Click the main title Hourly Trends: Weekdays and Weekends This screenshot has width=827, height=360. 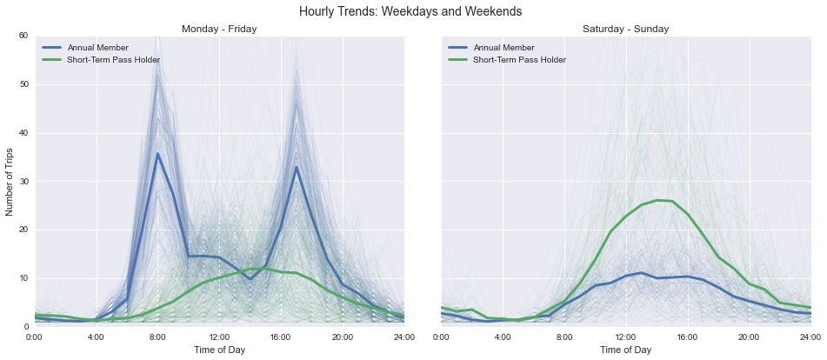410,11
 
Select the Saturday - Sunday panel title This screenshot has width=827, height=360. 625,29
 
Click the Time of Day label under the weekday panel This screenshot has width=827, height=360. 219,350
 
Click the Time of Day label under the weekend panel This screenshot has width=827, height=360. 625,350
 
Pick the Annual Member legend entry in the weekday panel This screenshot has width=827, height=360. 96,47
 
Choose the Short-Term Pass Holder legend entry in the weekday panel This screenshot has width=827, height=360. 113,60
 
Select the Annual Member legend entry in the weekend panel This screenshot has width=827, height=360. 502,47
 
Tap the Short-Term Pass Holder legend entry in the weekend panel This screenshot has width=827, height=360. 519,60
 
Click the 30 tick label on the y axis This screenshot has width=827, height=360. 23,181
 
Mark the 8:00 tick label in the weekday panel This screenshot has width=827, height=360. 157,336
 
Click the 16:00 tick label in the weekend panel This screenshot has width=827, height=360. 687,336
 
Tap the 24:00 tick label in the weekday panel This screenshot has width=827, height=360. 403,336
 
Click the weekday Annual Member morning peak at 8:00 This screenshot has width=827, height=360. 157,154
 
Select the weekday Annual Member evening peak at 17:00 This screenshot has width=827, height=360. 297,167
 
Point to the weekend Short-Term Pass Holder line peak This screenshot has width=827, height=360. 657,200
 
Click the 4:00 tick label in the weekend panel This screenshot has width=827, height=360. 503,336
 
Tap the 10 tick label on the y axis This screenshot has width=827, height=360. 23,278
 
